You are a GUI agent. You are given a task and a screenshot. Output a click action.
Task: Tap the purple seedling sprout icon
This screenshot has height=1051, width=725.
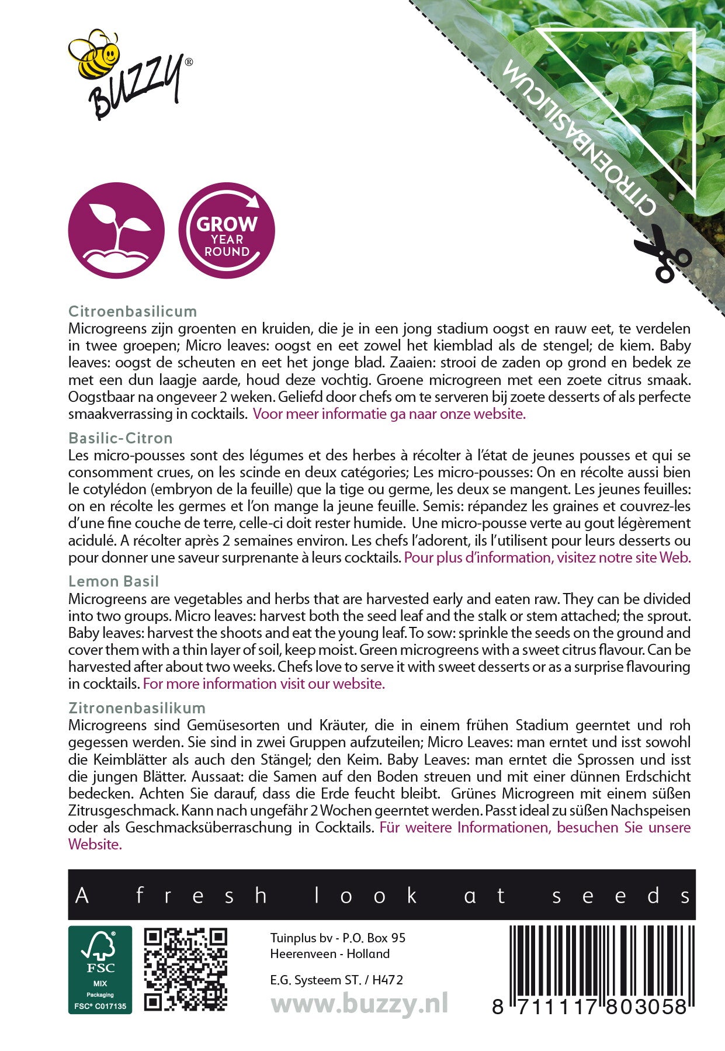(116, 230)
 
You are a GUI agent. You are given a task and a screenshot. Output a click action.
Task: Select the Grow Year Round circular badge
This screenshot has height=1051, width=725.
(227, 230)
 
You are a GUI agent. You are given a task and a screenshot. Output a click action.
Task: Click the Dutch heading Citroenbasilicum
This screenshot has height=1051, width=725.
(133, 311)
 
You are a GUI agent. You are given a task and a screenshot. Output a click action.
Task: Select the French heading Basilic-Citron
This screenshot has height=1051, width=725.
(120, 438)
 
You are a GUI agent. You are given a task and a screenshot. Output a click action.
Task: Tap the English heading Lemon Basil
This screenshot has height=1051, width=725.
(113, 581)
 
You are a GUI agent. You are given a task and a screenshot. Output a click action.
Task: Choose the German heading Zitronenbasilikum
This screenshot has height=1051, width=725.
(137, 708)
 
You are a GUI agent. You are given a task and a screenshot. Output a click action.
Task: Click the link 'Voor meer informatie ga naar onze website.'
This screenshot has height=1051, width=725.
(389, 414)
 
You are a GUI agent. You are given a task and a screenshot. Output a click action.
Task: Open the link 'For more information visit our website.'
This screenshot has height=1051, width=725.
(264, 684)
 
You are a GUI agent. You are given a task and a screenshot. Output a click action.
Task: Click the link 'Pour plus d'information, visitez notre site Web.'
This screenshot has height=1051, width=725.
(547, 557)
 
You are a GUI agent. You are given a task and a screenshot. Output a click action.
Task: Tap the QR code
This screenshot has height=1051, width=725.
(186, 969)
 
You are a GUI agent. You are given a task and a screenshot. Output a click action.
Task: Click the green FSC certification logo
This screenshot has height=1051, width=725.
(100, 969)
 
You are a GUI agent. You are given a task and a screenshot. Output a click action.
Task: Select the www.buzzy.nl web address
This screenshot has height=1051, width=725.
(359, 1004)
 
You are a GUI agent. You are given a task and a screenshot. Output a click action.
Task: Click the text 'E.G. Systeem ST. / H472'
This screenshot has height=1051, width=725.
(337, 980)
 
